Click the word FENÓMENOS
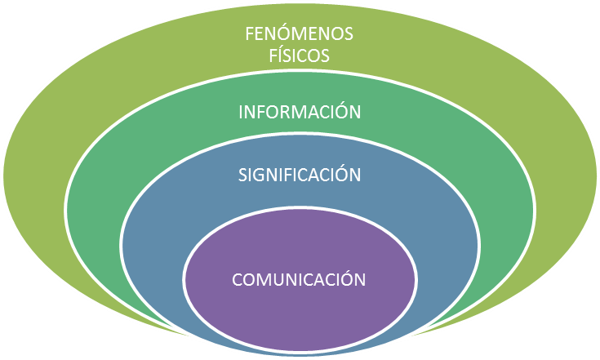300,36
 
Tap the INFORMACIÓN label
300,113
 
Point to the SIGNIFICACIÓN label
300,176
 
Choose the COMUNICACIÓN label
299,279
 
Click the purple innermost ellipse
299,306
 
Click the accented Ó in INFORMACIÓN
340,113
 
